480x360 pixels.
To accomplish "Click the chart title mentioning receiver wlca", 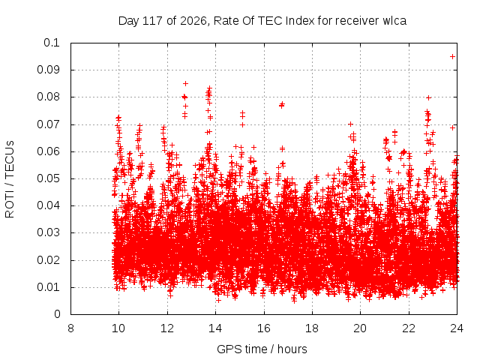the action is pyautogui.click(x=262, y=21).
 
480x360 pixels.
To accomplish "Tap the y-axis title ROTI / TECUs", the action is pyautogui.click(x=10, y=179).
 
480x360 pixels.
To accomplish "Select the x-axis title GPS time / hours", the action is pyautogui.click(x=262, y=349).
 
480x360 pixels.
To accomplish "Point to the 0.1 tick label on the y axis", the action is pyautogui.click(x=52, y=43).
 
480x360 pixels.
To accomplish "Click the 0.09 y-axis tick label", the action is pyautogui.click(x=48, y=70).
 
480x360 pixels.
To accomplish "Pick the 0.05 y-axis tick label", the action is pyautogui.click(x=48, y=178).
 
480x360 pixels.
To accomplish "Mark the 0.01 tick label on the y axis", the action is pyautogui.click(x=48, y=287).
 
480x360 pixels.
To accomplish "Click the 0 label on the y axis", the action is pyautogui.click(x=57, y=314).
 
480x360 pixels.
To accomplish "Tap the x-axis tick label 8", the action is pyautogui.click(x=70, y=328).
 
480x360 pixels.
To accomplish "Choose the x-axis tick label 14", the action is pyautogui.click(x=215, y=328).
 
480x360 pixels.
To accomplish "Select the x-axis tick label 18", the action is pyautogui.click(x=312, y=328).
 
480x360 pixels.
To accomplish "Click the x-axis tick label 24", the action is pyautogui.click(x=457, y=328).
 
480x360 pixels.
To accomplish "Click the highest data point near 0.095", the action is pyautogui.click(x=452, y=57).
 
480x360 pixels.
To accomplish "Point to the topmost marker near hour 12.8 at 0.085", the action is pyautogui.click(x=185, y=83).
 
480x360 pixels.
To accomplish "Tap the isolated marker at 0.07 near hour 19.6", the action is pyautogui.click(x=350, y=124).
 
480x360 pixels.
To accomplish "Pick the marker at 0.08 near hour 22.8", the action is pyautogui.click(x=428, y=98).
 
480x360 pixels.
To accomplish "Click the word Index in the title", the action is pyautogui.click(x=300, y=21).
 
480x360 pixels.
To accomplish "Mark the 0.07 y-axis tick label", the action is pyautogui.click(x=48, y=124).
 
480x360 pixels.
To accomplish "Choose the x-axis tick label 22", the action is pyautogui.click(x=409, y=328).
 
